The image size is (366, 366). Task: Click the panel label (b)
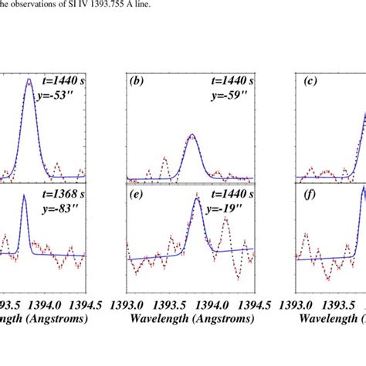coord(139,80)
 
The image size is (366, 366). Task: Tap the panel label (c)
coord(309,80)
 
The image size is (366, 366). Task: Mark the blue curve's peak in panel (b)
coord(193,135)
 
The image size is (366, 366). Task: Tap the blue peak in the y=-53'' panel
coord(29,80)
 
